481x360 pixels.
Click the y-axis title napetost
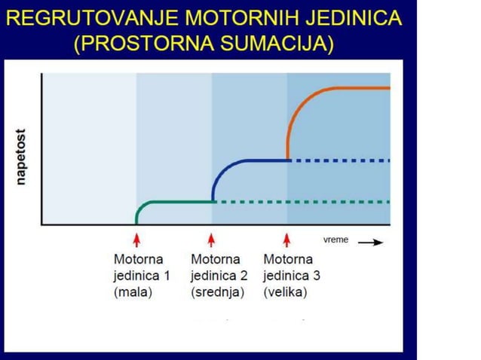22,154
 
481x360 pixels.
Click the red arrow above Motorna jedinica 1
136,239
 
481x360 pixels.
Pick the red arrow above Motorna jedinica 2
212,239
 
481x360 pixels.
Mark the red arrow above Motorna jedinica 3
287,239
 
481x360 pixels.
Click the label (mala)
133,292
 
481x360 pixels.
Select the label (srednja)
217,292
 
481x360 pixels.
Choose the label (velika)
285,292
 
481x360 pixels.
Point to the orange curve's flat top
354,88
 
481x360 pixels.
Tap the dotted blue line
339,160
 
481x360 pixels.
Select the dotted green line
302,202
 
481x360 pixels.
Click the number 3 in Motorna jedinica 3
316,276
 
